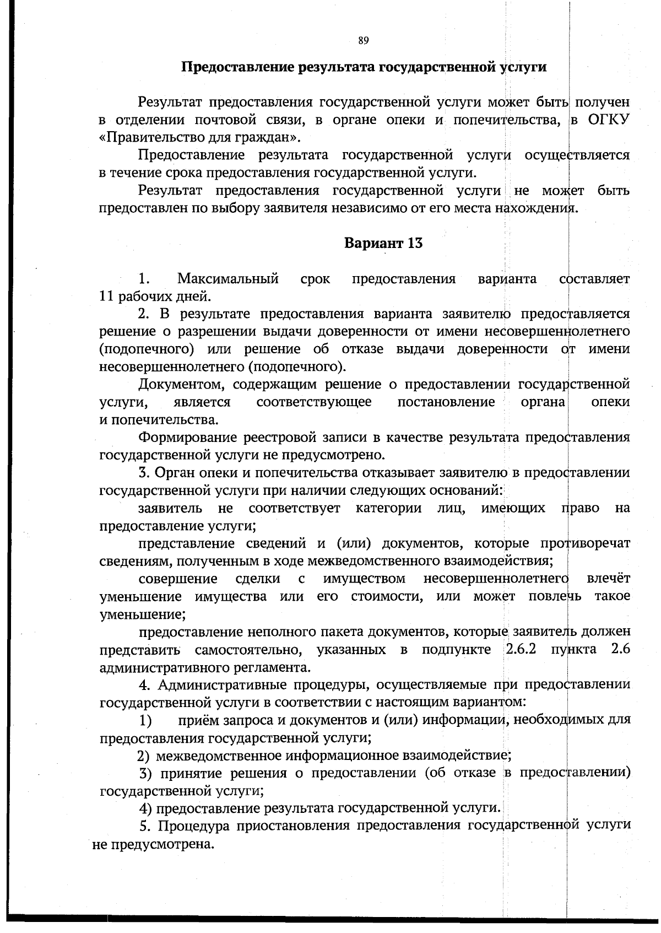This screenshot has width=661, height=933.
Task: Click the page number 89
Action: coord(363,40)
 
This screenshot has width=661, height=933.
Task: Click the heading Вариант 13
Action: coord(383,243)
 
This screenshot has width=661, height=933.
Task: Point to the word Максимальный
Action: coord(227,278)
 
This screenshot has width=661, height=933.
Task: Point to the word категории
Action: coord(388,508)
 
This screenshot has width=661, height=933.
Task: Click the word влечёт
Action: coord(609,579)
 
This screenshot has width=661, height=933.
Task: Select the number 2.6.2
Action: coord(521,649)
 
